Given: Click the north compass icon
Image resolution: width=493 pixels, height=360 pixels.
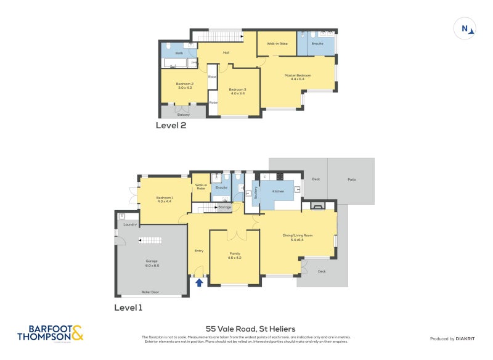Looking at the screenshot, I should [465, 28].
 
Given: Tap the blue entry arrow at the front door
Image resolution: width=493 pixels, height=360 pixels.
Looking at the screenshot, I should [199, 282].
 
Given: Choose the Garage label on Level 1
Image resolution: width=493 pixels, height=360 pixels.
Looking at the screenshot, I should [152, 263].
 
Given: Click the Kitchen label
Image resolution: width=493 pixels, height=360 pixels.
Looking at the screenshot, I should [279, 192].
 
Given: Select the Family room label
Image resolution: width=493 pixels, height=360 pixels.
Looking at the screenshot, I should [235, 255].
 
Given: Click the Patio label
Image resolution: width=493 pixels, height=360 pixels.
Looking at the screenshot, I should [351, 179].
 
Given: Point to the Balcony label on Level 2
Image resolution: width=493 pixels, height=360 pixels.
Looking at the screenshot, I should [183, 114].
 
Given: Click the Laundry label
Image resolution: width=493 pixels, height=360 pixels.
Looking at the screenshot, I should [130, 224].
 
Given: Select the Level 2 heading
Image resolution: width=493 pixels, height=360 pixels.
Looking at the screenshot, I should [171, 125].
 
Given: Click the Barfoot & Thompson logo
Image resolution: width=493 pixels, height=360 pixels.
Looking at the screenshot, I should [50, 333].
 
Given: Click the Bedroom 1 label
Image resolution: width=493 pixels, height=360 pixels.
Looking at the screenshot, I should [165, 199].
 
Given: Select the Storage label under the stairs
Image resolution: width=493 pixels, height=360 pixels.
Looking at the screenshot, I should [225, 207].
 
